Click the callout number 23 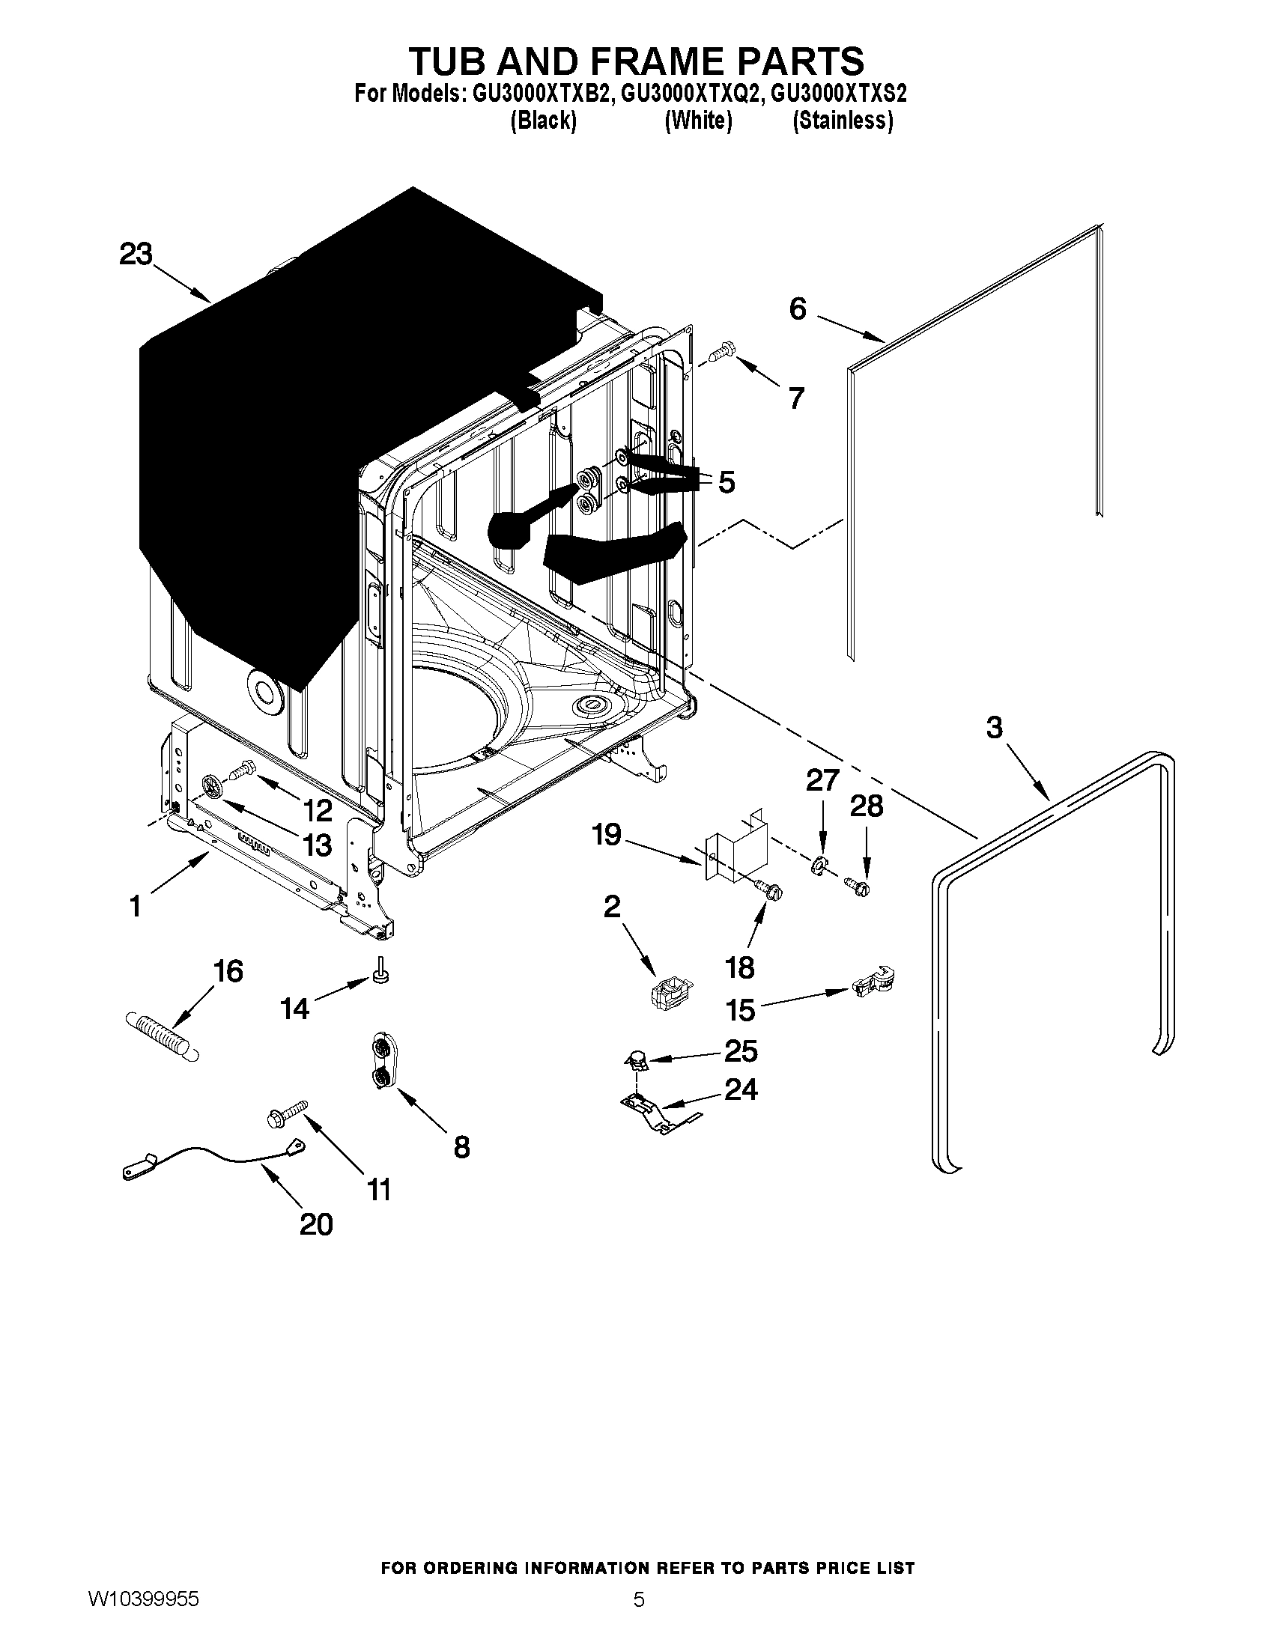(x=136, y=255)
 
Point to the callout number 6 (x=798, y=309)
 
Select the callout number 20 (x=316, y=1224)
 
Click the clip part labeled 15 (x=873, y=982)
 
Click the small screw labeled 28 (x=857, y=884)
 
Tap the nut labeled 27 (x=817, y=866)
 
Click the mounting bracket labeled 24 (x=653, y=1113)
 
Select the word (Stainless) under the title (x=843, y=121)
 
